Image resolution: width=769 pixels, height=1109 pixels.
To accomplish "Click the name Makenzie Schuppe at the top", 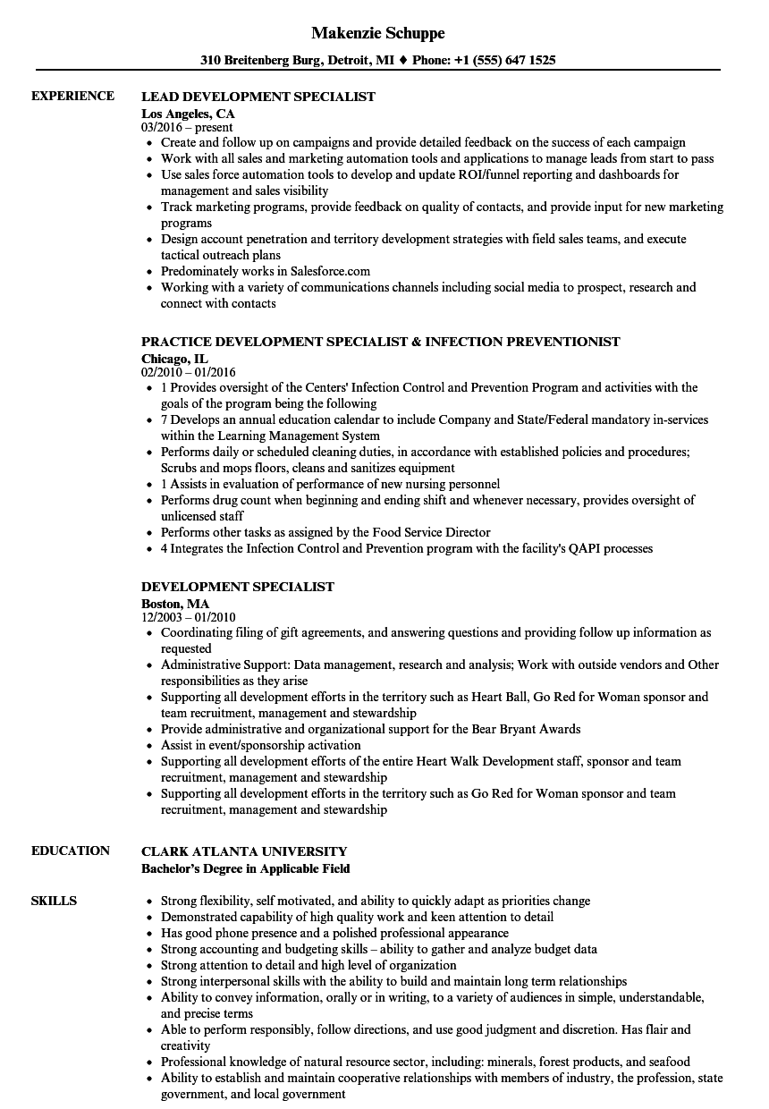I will [x=378, y=33].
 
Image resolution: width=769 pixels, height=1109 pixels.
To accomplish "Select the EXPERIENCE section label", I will [x=72, y=96].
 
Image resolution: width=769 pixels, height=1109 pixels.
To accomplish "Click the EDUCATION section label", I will [x=71, y=851].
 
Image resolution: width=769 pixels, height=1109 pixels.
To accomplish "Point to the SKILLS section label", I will [x=54, y=901].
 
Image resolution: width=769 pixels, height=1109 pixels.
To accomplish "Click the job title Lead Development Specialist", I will [x=258, y=97].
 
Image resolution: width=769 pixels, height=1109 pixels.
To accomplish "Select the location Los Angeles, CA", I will [x=188, y=113].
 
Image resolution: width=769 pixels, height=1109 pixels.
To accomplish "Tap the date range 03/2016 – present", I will [x=187, y=127].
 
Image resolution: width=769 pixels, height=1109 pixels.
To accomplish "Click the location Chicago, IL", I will [x=176, y=358].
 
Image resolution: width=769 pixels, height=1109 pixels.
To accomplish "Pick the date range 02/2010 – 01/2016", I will [x=189, y=372].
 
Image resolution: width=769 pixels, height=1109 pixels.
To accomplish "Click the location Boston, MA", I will [x=175, y=603].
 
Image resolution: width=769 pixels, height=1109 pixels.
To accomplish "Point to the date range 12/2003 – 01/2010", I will [x=189, y=617].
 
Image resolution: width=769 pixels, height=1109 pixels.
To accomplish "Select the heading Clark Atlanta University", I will [x=244, y=851].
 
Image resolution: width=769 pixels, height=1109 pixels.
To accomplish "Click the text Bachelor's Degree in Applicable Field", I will [x=246, y=868].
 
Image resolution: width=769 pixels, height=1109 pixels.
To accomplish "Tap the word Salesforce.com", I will [x=327, y=271].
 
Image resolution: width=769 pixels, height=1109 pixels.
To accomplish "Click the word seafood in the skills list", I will [x=668, y=1062].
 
